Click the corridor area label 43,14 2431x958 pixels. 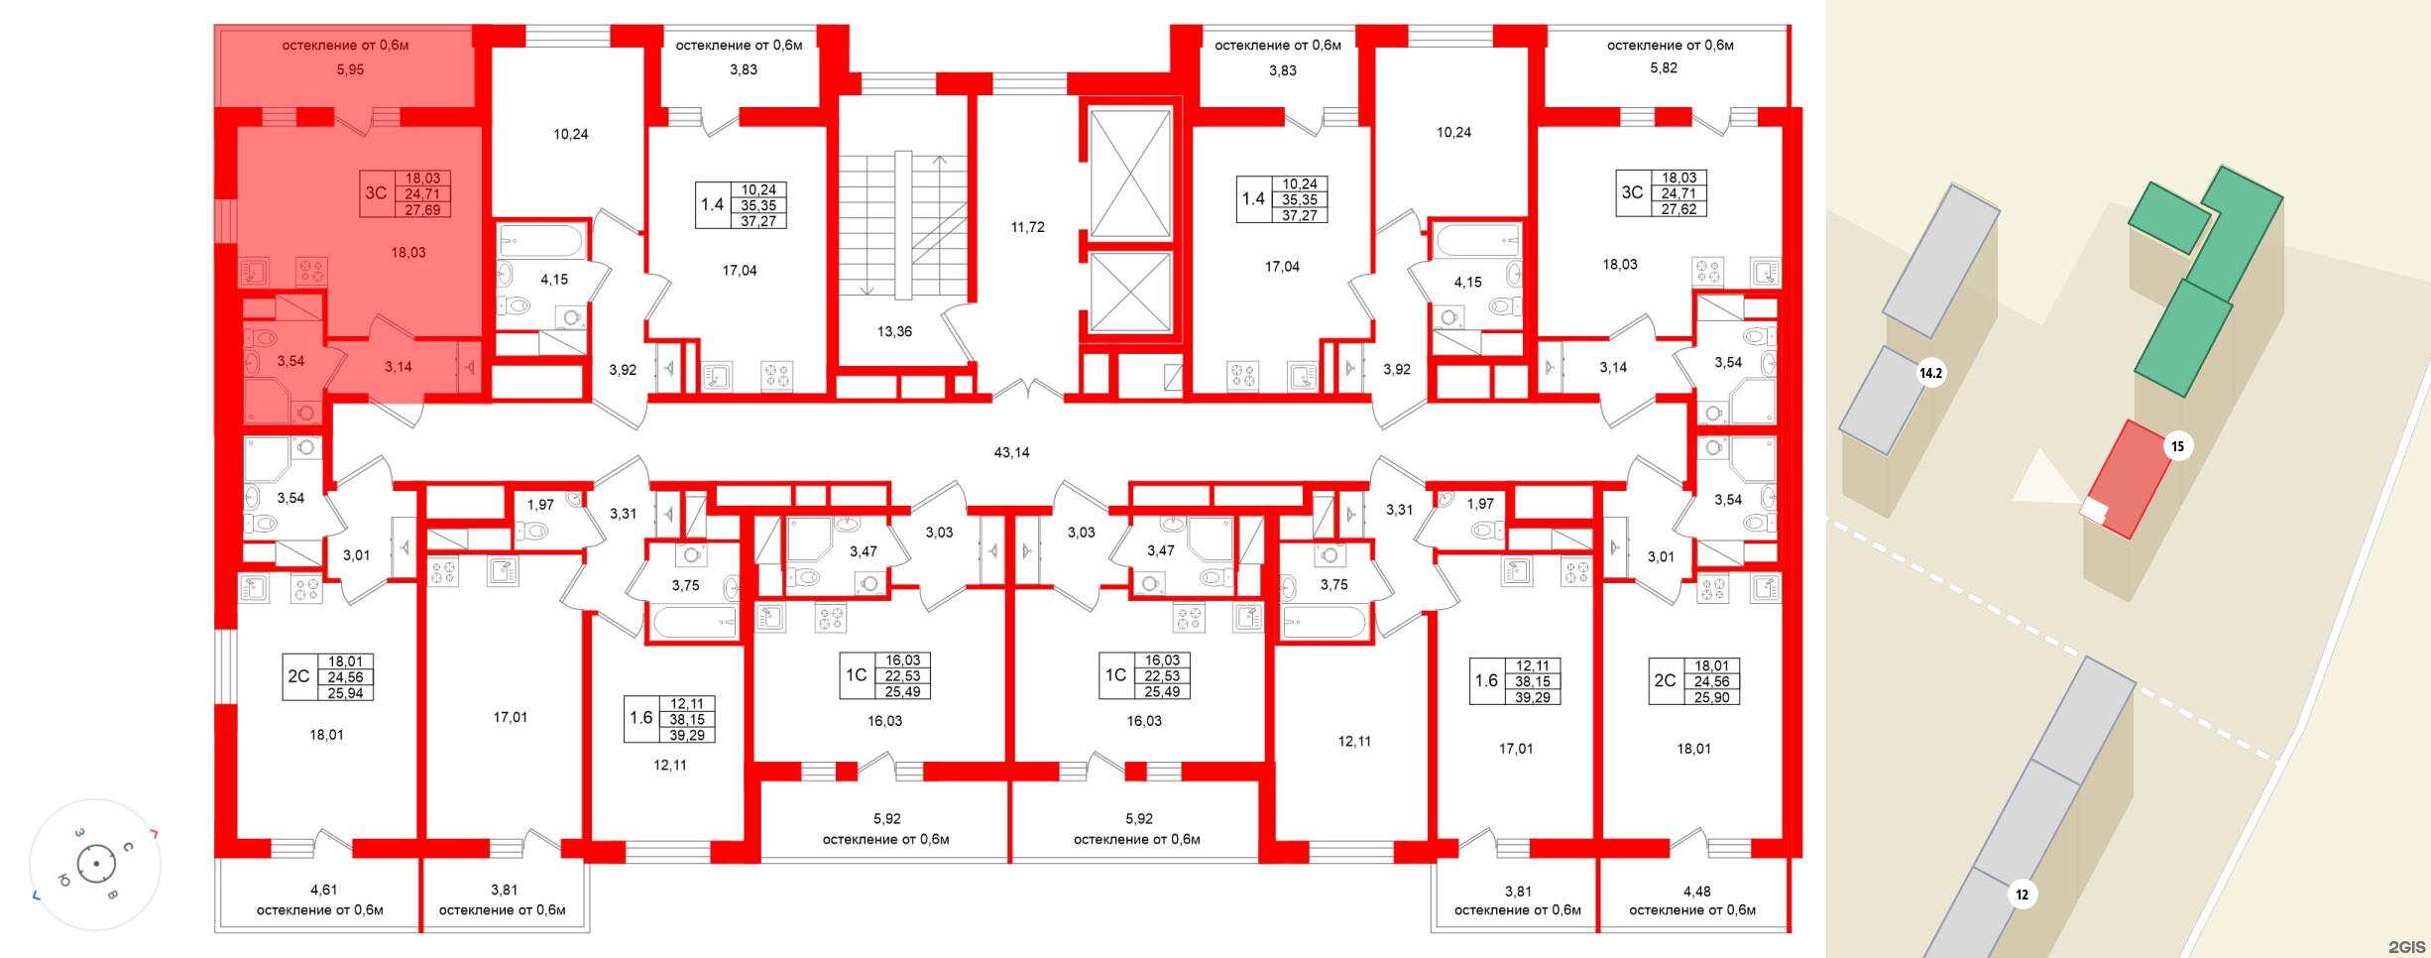pyautogui.click(x=1011, y=452)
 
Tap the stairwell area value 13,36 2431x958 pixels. pyautogui.click(x=894, y=331)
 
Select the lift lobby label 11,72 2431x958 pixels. pyautogui.click(x=1027, y=227)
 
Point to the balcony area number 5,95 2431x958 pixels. pyautogui.click(x=350, y=69)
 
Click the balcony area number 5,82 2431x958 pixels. pyautogui.click(x=1664, y=67)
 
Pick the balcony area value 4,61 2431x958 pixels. pyautogui.click(x=323, y=890)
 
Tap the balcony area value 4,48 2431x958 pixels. pyautogui.click(x=1696, y=891)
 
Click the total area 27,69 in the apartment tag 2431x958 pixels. pyautogui.click(x=422, y=210)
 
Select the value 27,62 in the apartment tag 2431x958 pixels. pyautogui.click(x=1679, y=209)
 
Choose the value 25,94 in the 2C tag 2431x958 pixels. pyautogui.click(x=345, y=693)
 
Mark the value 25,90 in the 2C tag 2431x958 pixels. pyautogui.click(x=1711, y=697)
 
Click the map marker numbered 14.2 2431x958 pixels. pyautogui.click(x=1930, y=374)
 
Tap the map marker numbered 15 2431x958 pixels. pyautogui.click(x=2177, y=446)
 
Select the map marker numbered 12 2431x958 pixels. pyautogui.click(x=2022, y=895)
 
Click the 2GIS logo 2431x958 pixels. pyautogui.click(x=2406, y=947)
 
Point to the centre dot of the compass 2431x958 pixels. pyautogui.click(x=96, y=864)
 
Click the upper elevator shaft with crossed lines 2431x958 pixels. pyautogui.click(x=1130, y=174)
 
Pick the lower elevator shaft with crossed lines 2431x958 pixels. pyautogui.click(x=1130, y=292)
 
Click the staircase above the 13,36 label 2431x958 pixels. pyautogui.click(x=903, y=224)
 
